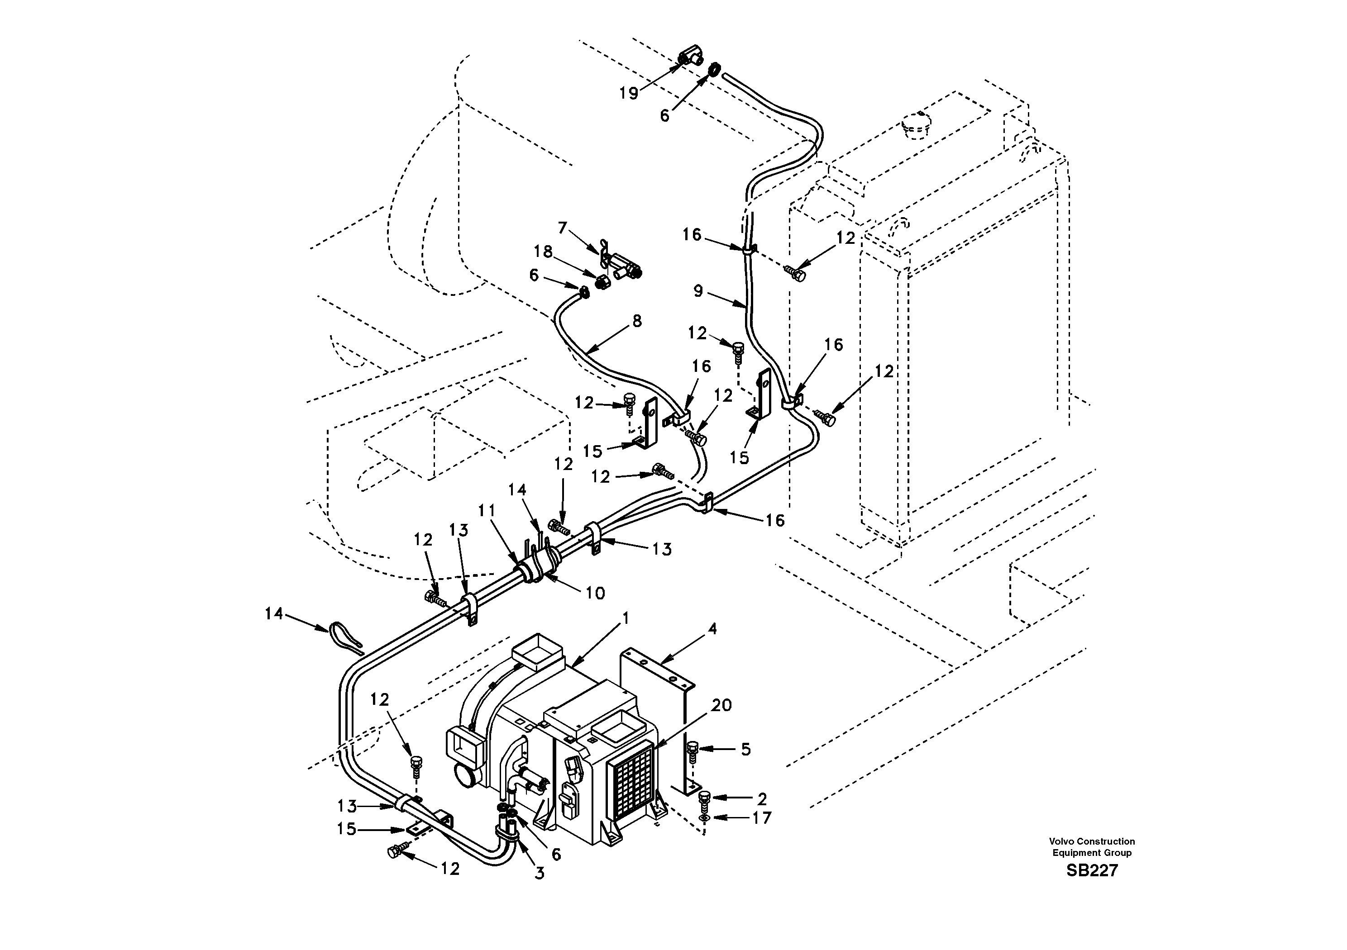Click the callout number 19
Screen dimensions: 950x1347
[x=628, y=93]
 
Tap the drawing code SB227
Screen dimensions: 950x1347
[x=1092, y=870]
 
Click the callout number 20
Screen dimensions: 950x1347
[x=721, y=705]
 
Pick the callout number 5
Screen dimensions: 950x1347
[x=745, y=750]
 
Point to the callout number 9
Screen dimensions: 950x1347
[x=697, y=291]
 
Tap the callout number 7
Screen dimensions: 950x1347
[x=563, y=228]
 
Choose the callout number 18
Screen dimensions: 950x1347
[x=543, y=252]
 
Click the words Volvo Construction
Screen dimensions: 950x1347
[x=1092, y=841]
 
